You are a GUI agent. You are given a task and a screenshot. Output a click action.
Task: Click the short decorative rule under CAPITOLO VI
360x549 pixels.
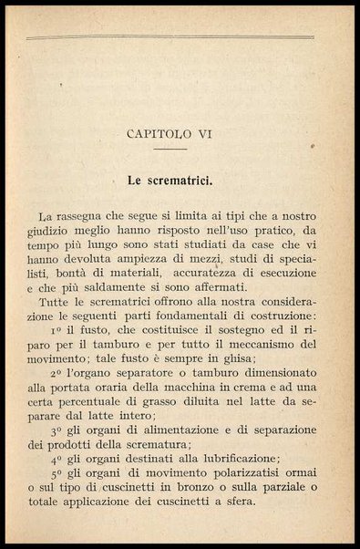tap(170, 148)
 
